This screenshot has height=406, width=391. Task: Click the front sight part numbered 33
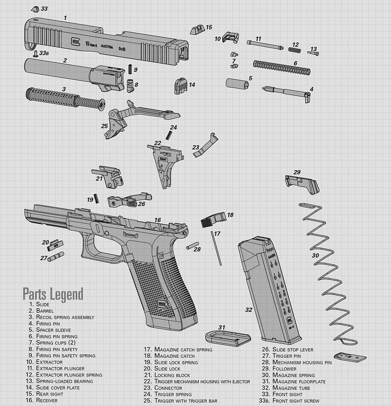[35, 9]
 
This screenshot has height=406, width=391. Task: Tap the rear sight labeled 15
[197, 30]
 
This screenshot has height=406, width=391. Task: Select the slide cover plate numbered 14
[180, 85]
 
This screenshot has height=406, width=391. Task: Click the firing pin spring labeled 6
[282, 67]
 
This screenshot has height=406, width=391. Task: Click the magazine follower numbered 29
[301, 184]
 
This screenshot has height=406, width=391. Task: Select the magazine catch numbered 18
[213, 220]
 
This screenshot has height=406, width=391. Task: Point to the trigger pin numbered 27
[56, 256]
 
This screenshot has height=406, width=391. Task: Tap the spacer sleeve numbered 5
[237, 84]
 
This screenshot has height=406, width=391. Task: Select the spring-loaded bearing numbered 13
[313, 53]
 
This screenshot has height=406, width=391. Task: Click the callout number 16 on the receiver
[157, 220]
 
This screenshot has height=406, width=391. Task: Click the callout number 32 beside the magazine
[249, 310]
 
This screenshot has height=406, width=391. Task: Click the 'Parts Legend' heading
[53, 294]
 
